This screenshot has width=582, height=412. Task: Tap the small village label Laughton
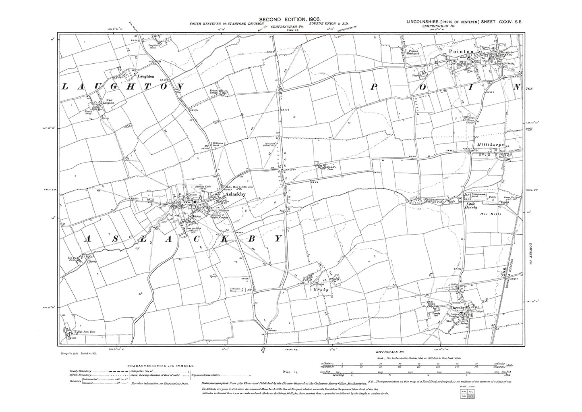click(x=143, y=76)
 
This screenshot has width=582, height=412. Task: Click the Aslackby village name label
click(x=235, y=194)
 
